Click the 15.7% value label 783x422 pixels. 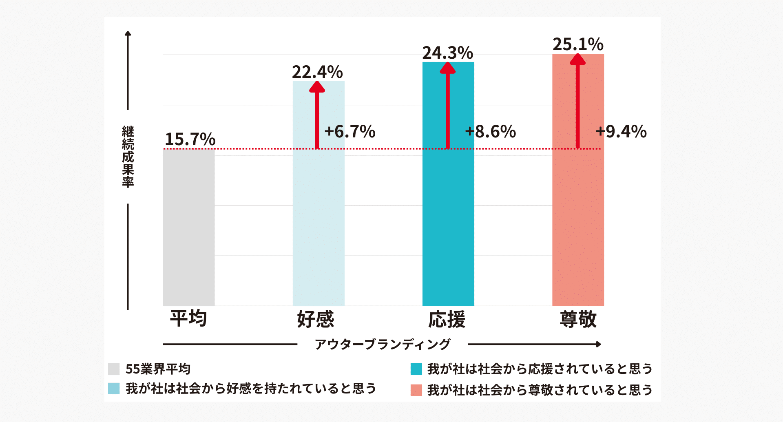pyautogui.click(x=190, y=139)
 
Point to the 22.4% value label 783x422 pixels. pyautogui.click(x=317, y=72)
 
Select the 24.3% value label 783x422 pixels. pyautogui.click(x=448, y=53)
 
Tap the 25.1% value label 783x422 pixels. pyautogui.click(x=578, y=44)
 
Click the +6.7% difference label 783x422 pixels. pyautogui.click(x=350, y=132)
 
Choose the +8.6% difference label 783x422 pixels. pyautogui.click(x=491, y=132)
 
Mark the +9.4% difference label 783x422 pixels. pyautogui.click(x=621, y=132)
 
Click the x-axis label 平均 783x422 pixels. pyautogui.click(x=188, y=318)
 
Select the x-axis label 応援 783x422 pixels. pyautogui.click(x=447, y=319)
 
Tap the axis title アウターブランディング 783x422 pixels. pyautogui.click(x=383, y=345)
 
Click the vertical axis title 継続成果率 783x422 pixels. pyautogui.click(x=128, y=157)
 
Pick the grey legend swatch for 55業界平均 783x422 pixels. pyautogui.click(x=114, y=369)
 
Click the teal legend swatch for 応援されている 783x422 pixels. pyautogui.click(x=416, y=369)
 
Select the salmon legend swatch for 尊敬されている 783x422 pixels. pyautogui.click(x=416, y=390)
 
